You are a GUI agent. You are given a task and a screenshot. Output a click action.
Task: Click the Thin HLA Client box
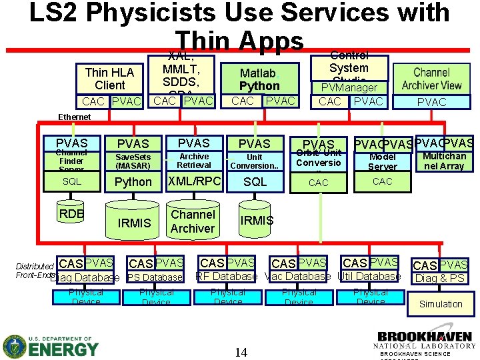pos(109,79)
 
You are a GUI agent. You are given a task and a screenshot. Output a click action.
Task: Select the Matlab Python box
pos(259,79)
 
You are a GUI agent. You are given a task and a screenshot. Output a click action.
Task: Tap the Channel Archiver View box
pos(431,79)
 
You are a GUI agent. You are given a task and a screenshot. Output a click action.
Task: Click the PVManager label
pos(349,87)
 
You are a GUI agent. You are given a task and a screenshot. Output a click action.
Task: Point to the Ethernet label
pos(74,117)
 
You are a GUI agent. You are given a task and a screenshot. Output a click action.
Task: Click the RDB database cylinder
pos(71,214)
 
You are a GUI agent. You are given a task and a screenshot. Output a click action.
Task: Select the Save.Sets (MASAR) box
pos(133,161)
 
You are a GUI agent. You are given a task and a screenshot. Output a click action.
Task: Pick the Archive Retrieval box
pos(193,161)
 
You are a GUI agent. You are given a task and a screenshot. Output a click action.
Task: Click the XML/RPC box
pos(193,181)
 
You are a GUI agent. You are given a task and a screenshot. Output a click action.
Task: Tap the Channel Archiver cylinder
pos(193,221)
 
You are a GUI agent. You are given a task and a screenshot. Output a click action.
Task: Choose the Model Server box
pos(383,162)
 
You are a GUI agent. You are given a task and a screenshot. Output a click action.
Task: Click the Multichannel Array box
pos(443,161)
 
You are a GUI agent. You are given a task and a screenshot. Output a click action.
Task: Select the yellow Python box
pos(133,182)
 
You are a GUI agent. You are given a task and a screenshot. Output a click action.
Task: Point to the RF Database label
pos(226,277)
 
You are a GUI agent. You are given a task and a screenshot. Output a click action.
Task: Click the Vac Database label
pos(297,277)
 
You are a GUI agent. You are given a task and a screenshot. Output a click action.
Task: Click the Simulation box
pos(440,304)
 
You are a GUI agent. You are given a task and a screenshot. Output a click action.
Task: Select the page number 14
pos(241,351)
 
